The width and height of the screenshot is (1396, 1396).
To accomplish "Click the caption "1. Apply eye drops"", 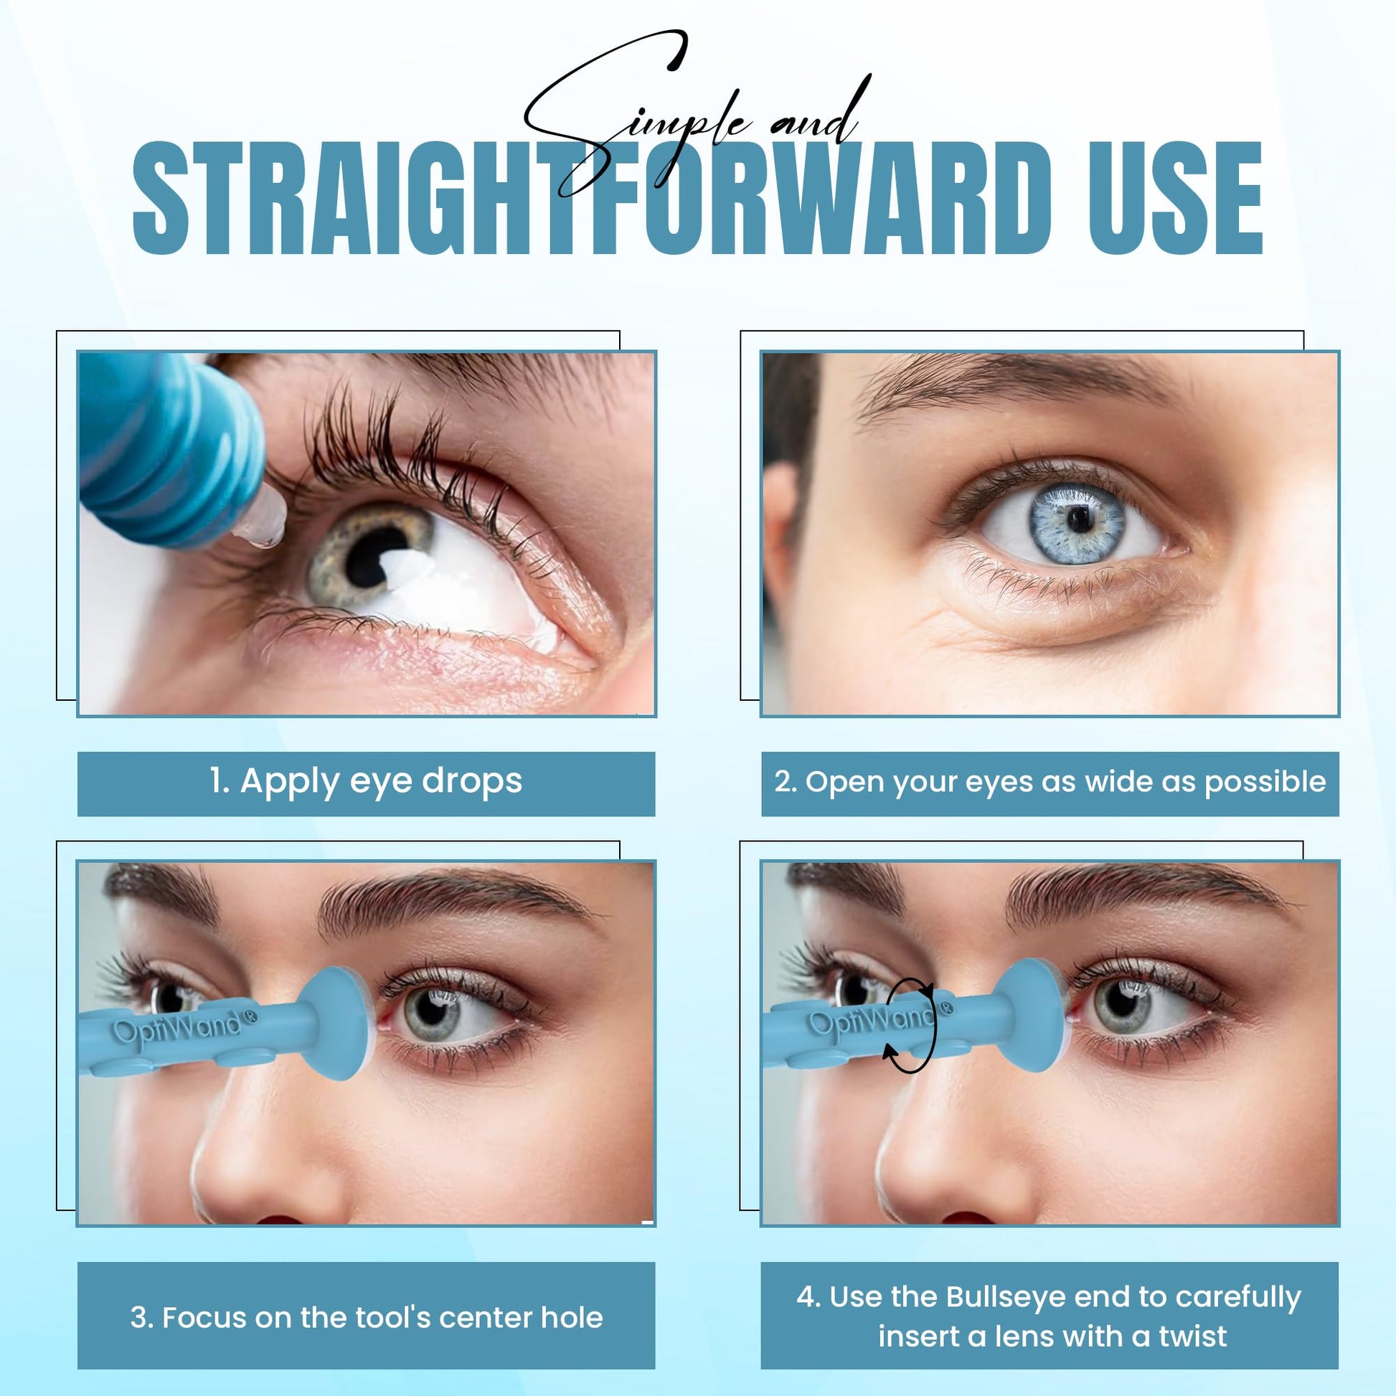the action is pyautogui.click(x=367, y=782).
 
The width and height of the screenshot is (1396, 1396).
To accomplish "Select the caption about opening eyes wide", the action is pyautogui.click(x=1050, y=782).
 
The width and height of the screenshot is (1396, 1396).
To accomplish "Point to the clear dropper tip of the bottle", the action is pyautogui.click(x=264, y=517).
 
